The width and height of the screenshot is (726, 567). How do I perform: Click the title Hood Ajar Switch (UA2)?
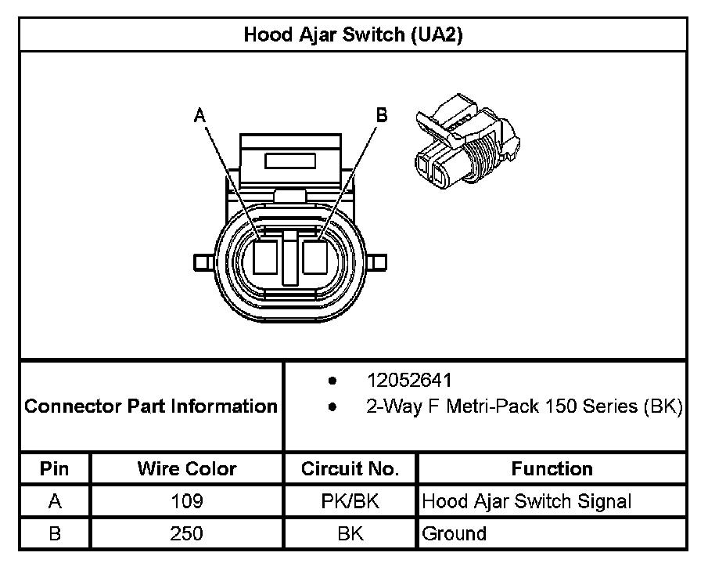click(x=353, y=34)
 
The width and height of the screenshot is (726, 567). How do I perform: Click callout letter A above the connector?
click(x=200, y=115)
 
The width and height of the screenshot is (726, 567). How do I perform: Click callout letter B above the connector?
click(x=382, y=115)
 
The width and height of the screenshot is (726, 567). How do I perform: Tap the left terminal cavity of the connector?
click(x=266, y=257)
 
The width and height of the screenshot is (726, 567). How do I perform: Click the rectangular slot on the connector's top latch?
click(x=290, y=161)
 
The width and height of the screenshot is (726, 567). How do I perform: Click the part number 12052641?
click(x=409, y=381)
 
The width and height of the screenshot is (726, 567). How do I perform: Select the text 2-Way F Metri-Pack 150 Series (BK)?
click(x=524, y=406)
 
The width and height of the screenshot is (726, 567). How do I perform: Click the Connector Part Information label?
click(x=151, y=406)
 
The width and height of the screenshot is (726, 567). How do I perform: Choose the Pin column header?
click(x=55, y=469)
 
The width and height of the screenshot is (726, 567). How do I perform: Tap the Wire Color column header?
click(x=187, y=469)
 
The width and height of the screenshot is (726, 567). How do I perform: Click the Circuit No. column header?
click(x=350, y=469)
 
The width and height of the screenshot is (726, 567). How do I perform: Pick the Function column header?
click(x=552, y=469)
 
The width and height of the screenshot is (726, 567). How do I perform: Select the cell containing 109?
click(x=187, y=501)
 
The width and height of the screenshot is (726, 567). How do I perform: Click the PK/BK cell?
click(x=350, y=501)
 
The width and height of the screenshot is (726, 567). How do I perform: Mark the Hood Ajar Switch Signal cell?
click(x=527, y=501)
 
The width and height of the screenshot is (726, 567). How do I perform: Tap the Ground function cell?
click(x=455, y=534)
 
